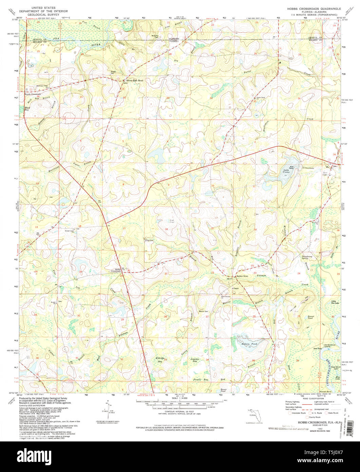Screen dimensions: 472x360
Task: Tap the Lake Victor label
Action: (x=286, y=171)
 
